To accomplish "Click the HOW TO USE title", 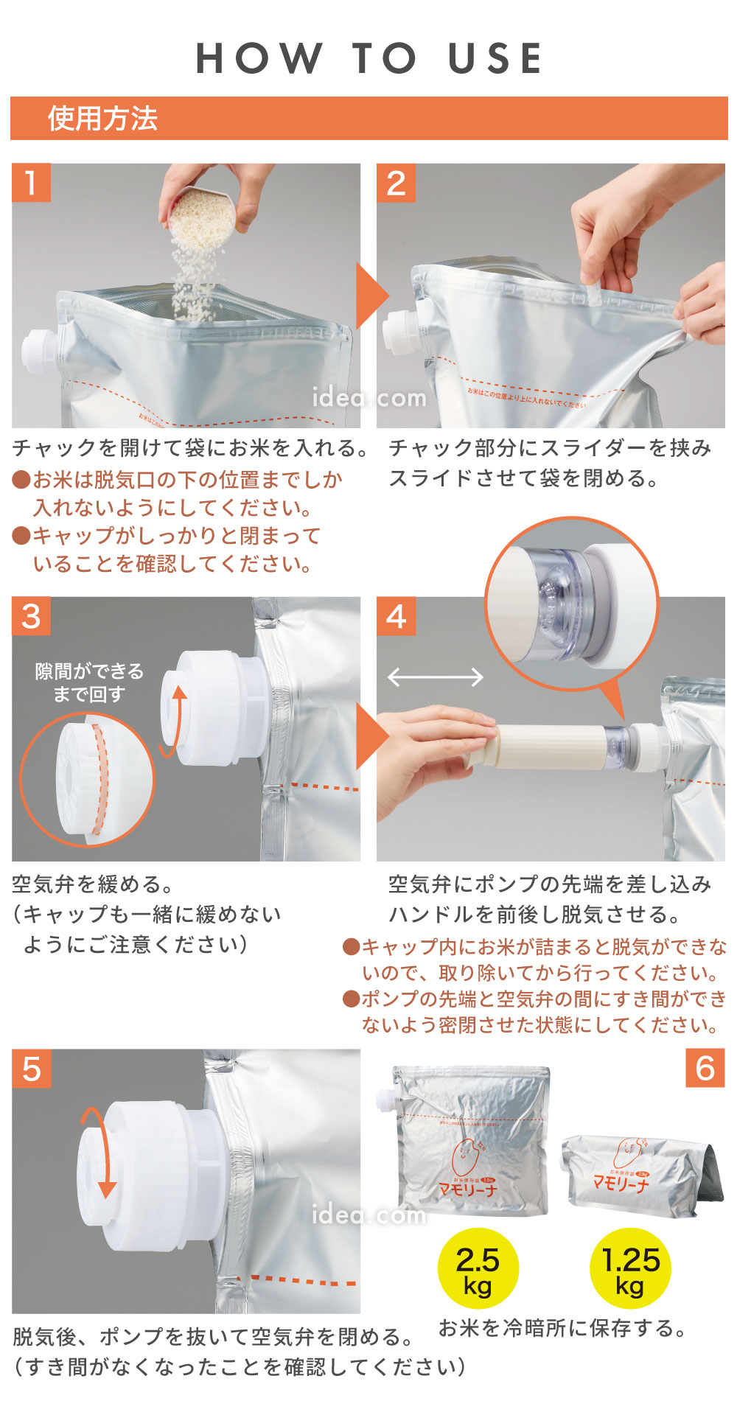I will (368, 59).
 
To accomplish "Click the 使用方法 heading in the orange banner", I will (102, 119).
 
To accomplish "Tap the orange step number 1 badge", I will (31, 183).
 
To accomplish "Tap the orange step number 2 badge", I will (396, 183).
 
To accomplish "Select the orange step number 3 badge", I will (31, 616).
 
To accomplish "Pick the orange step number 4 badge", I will (396, 616).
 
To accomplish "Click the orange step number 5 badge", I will (31, 1069).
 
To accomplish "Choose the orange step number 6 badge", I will (705, 1068).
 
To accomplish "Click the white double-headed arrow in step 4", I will (435, 677).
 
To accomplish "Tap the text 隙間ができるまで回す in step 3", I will (89, 682).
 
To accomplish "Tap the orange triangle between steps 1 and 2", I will (371, 296).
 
